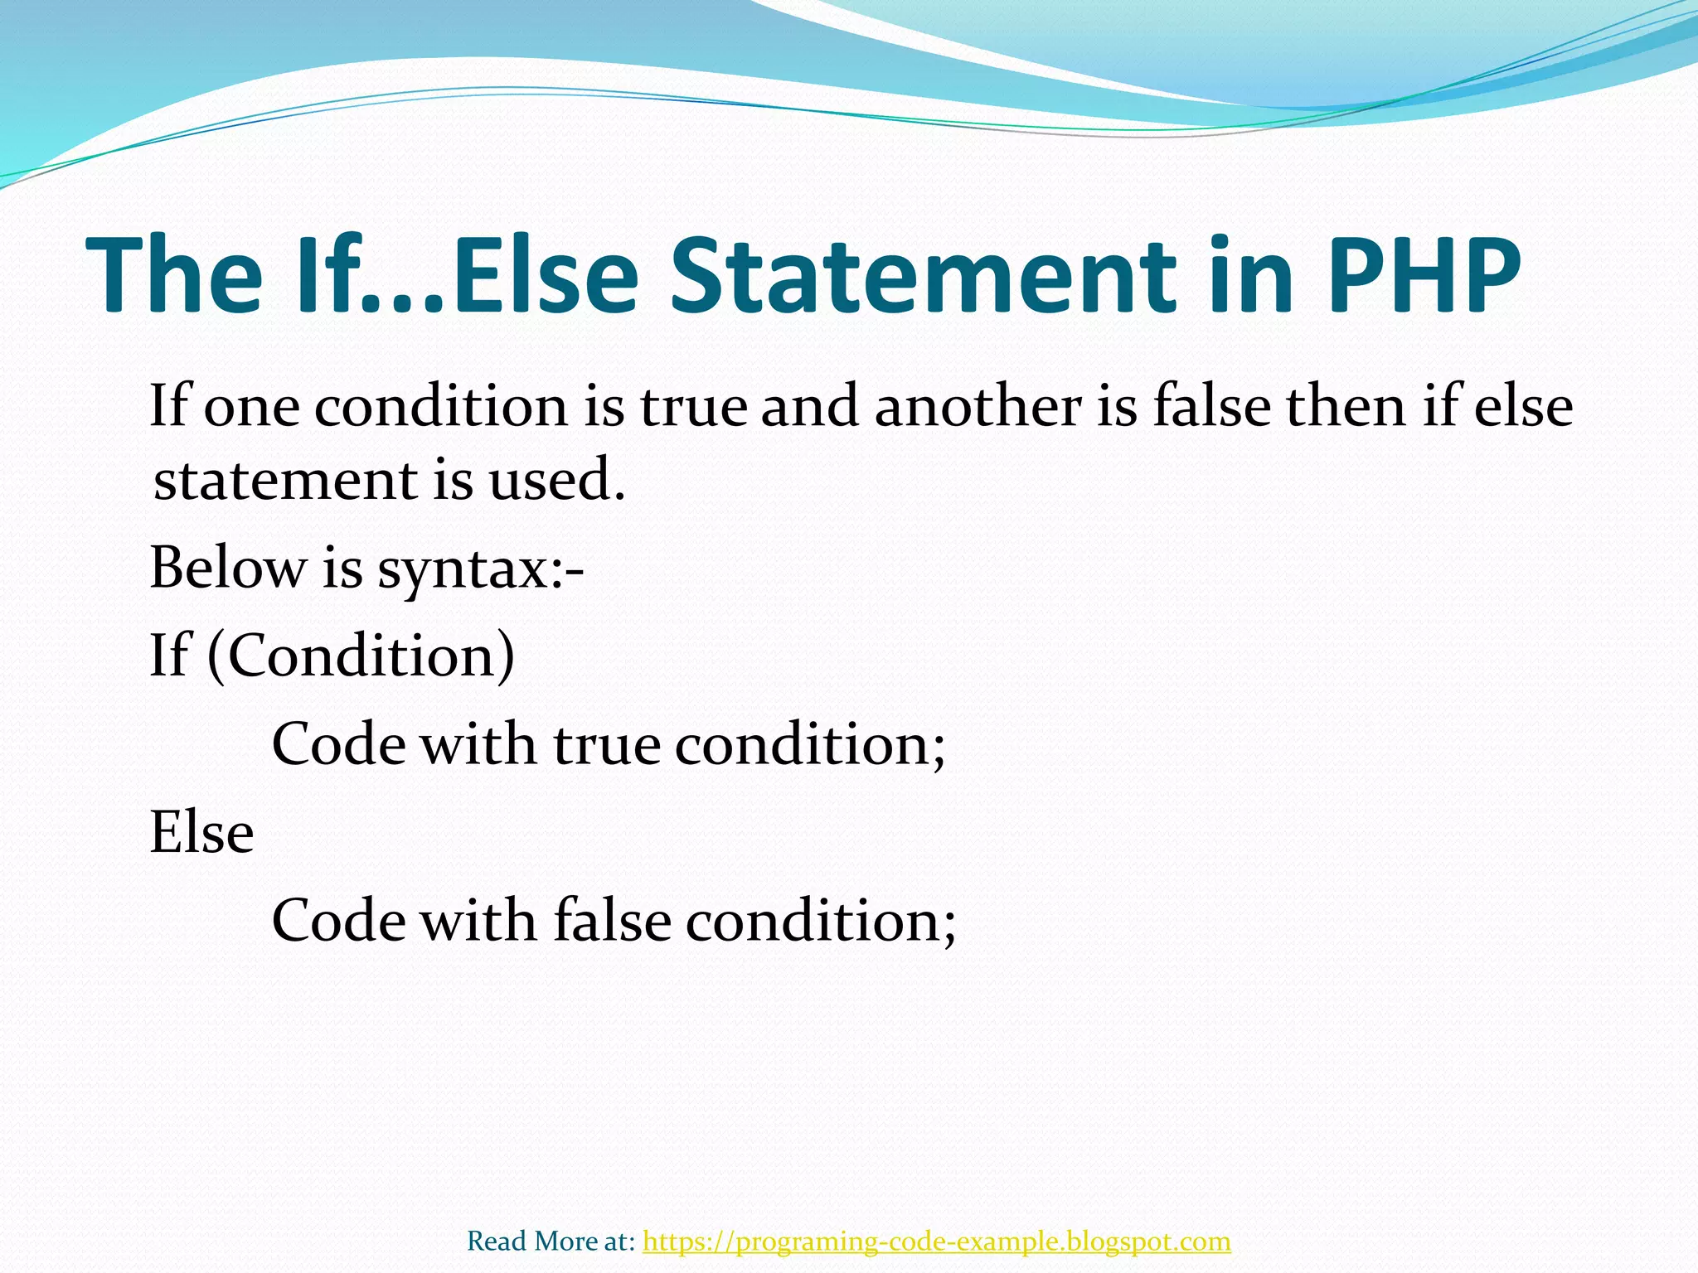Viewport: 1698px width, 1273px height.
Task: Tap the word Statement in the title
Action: click(922, 276)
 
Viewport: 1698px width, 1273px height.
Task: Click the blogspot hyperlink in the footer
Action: click(936, 1242)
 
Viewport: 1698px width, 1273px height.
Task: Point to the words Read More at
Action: click(551, 1242)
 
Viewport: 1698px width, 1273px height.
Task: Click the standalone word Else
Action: click(201, 832)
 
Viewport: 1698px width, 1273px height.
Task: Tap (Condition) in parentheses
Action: click(361, 656)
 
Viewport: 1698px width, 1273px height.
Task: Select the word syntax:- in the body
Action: click(481, 570)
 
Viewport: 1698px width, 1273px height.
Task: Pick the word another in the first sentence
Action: click(978, 408)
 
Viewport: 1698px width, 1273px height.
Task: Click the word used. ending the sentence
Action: click(556, 480)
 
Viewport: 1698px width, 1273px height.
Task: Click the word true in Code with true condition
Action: click(607, 744)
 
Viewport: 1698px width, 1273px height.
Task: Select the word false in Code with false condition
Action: click(612, 921)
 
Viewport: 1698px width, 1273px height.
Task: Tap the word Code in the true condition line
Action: click(339, 744)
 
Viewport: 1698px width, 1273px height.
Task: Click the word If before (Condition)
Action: click(169, 656)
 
